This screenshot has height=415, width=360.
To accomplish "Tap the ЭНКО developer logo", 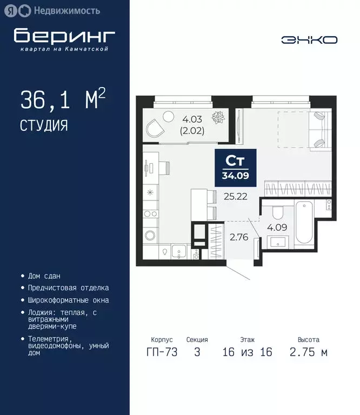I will [x=309, y=39].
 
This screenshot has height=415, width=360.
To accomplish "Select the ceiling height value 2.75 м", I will [x=308, y=352].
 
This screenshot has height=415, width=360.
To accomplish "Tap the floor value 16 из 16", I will [x=247, y=352].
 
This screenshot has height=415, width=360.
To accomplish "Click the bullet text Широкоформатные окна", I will [x=68, y=300].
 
